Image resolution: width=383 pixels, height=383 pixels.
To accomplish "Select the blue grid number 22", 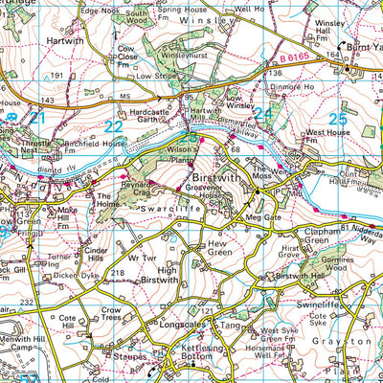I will coord(114,126).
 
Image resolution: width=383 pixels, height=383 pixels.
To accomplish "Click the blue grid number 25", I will coord(337,118).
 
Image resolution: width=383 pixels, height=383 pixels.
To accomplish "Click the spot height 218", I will coord(119,274).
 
